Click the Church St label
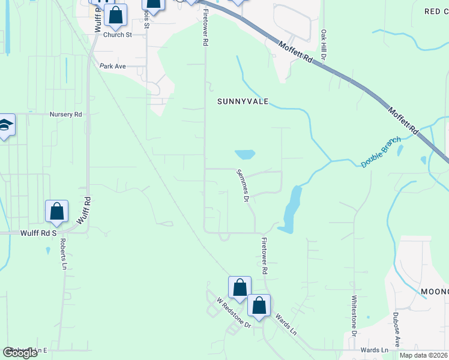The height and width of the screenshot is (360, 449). tap(117, 35)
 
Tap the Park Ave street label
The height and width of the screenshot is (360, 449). tap(113, 66)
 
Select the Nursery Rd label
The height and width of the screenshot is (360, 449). tap(65, 114)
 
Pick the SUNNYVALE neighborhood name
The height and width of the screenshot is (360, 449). tap(243, 102)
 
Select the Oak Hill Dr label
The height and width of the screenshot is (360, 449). tap(323, 45)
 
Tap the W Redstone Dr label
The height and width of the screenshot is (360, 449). tap(233, 312)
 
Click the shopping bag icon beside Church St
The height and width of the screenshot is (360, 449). tap(116, 15)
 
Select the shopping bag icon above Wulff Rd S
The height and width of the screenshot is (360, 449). tap(57, 211)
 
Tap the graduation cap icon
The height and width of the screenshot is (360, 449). tap(5, 125)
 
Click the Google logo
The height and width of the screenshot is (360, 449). tap(20, 353)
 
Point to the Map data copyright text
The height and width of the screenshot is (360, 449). tap(424, 355)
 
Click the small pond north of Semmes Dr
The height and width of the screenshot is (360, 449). tap(245, 154)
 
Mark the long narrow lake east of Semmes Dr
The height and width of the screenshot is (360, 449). tap(291, 209)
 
